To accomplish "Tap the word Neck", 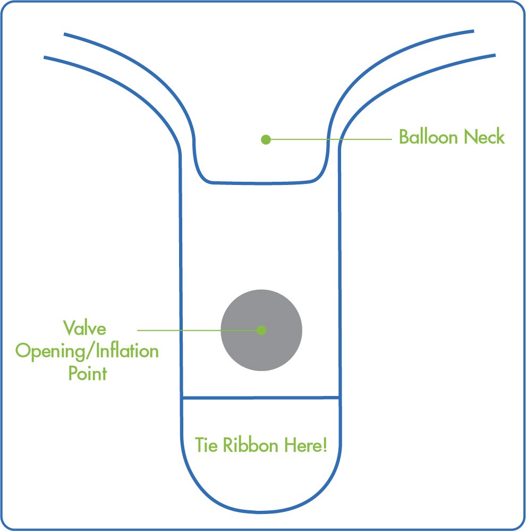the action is [x=484, y=137].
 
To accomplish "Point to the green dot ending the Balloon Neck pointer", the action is [x=266, y=140].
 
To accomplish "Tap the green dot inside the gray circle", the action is [x=261, y=330].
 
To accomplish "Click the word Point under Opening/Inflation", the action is [x=87, y=373].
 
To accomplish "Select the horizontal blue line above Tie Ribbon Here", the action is [x=260, y=397].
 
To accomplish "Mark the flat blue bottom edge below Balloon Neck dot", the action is [x=260, y=183].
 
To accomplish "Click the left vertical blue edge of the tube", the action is [x=181, y=276].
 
